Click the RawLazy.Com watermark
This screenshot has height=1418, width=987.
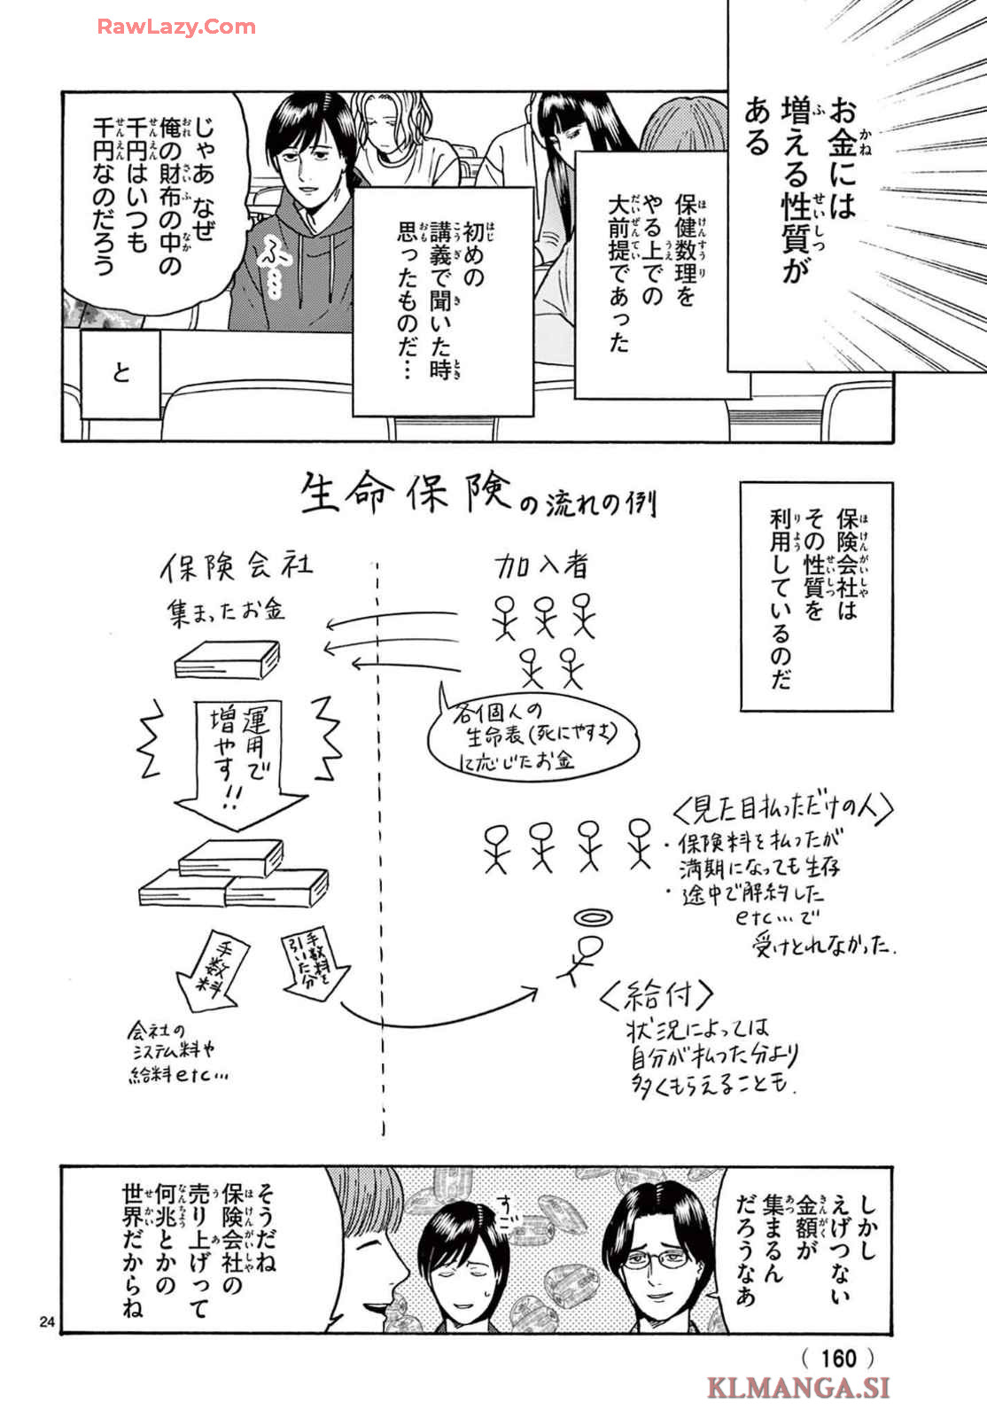pyautogui.click(x=176, y=27)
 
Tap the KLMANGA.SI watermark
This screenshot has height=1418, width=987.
pyautogui.click(x=797, y=1388)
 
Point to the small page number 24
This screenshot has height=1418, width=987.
pyautogui.click(x=47, y=1322)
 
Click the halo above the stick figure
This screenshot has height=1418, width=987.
pyautogui.click(x=592, y=916)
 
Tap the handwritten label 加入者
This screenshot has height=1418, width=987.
pyautogui.click(x=541, y=565)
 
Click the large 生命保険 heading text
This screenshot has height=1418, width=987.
pyautogui.click(x=407, y=493)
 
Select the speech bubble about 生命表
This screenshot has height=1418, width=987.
pyautogui.click(x=529, y=735)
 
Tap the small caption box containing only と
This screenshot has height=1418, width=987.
pyautogui.click(x=121, y=372)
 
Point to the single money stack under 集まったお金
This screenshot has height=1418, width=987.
pyautogui.click(x=227, y=659)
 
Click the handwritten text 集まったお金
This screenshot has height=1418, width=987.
pyautogui.click(x=227, y=612)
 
